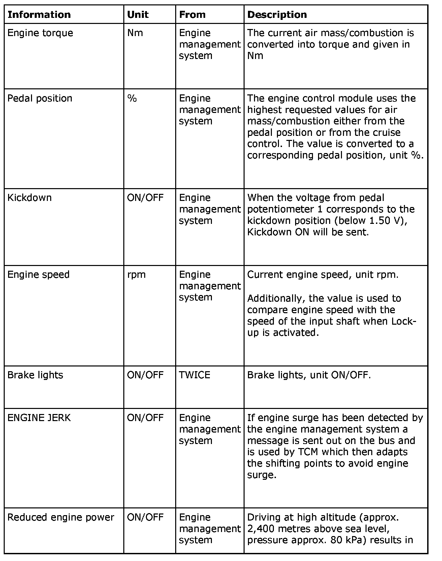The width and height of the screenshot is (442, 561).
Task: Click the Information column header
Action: coord(39,14)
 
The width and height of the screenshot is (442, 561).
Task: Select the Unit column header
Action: coord(138,14)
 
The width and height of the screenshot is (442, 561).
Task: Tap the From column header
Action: coord(192,14)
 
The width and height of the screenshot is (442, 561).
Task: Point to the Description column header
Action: coord(277,14)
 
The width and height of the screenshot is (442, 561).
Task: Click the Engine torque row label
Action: coord(40,33)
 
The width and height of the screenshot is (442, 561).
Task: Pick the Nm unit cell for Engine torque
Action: coord(135,33)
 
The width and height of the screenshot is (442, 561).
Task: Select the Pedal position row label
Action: coord(40,98)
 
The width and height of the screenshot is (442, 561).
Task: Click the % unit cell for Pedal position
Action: coord(132,98)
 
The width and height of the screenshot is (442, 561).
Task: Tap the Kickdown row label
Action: coord(30,198)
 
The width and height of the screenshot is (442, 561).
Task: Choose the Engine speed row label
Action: coord(38,274)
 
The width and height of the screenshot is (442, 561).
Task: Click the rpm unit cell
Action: coord(136,274)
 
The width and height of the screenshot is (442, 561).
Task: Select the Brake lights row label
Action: coord(35,375)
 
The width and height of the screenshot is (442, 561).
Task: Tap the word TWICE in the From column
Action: coord(194,375)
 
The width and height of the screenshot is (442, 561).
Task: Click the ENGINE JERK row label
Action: coord(39,418)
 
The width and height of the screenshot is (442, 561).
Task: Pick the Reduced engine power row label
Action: coord(61,517)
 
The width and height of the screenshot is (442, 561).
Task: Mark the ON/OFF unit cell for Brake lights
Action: coord(145,375)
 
